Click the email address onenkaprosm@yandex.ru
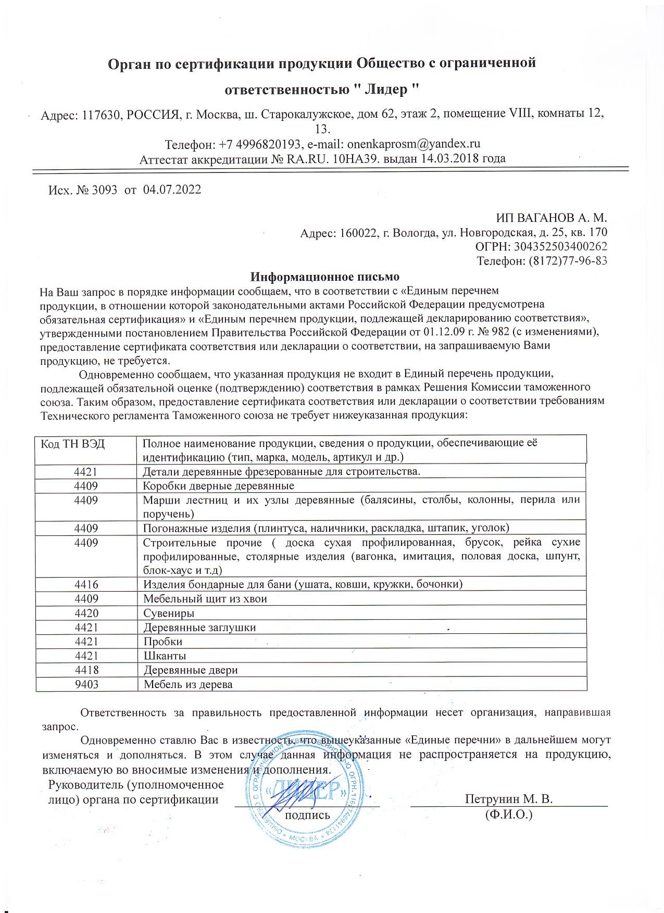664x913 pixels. coord(413,144)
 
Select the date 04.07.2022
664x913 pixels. coord(172,190)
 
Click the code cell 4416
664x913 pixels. coord(86,584)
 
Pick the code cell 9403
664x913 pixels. coord(86,684)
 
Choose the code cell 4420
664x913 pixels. coord(86,613)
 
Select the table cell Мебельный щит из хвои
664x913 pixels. coord(205,598)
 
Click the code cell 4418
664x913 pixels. coord(86,670)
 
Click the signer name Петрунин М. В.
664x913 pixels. coord(508,799)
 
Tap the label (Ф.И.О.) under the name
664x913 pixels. coord(508,814)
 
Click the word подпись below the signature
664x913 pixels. coord(307,815)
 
